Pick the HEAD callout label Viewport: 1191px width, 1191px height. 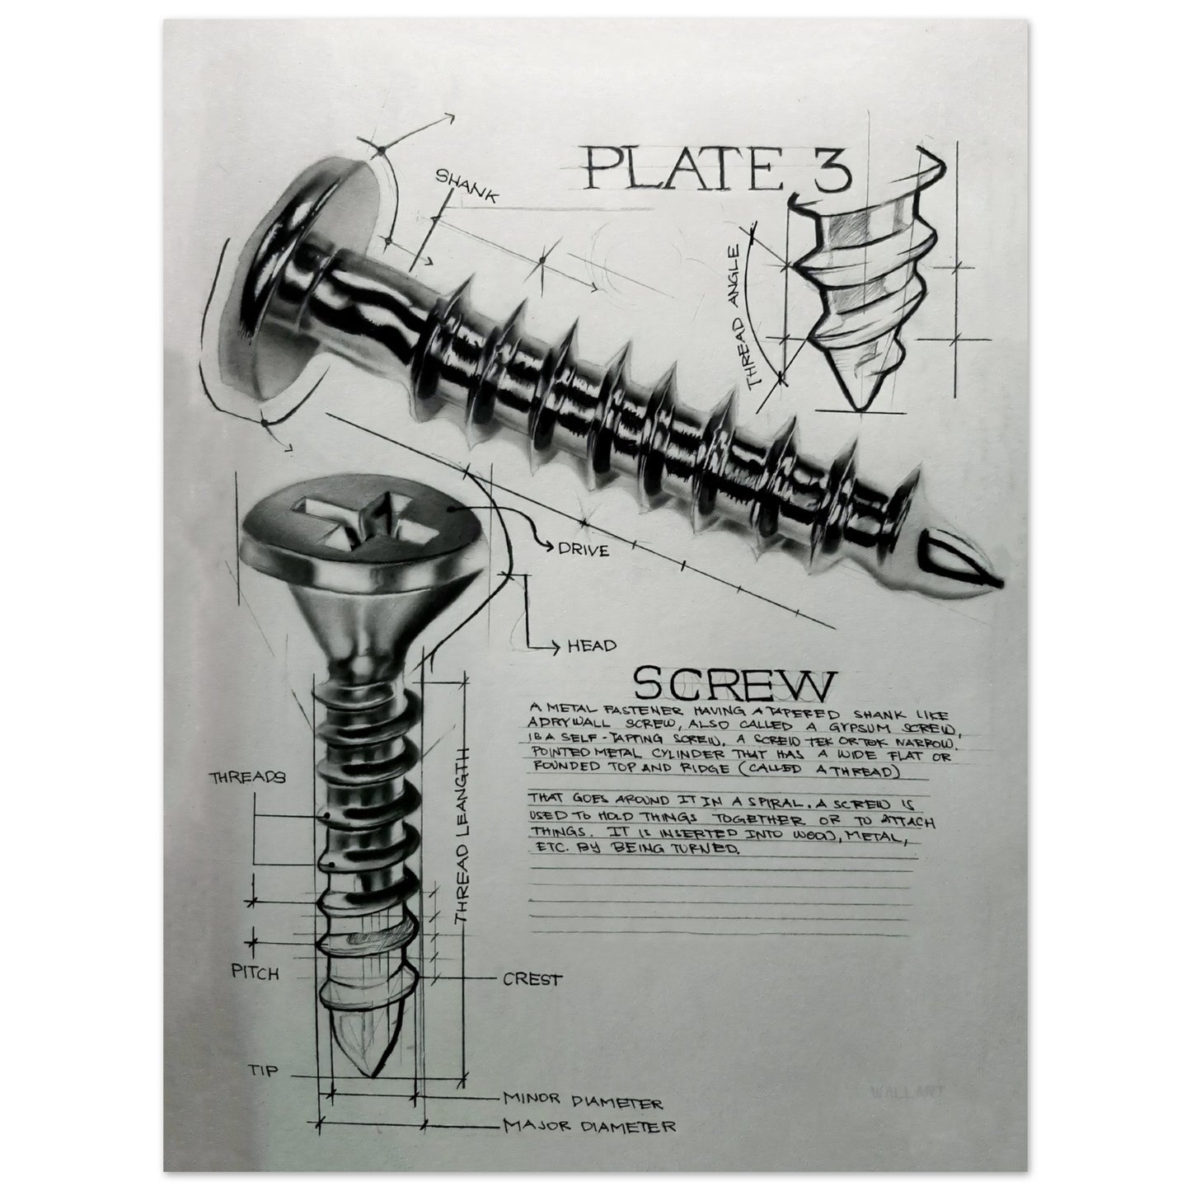coord(591,646)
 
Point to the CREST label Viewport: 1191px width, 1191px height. coord(532,980)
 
